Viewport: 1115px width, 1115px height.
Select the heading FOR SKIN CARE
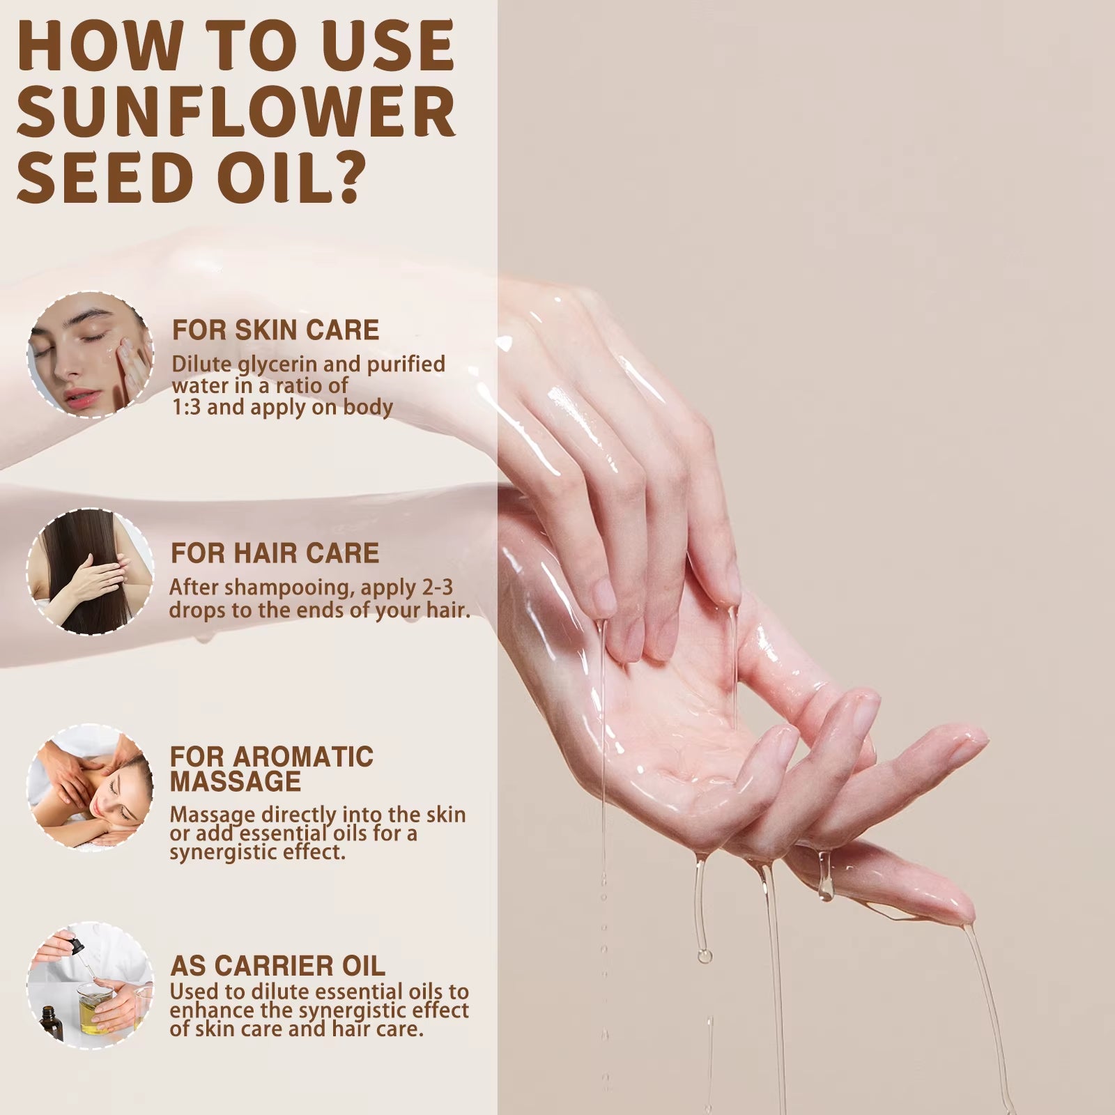pyautogui.click(x=275, y=330)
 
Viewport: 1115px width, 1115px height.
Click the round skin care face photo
pyautogui.click(x=91, y=355)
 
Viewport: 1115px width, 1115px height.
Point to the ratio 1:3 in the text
pyautogui.click(x=186, y=407)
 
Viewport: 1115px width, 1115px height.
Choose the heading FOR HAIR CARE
pyautogui.click(x=275, y=553)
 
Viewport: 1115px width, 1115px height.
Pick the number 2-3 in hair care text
pyautogui.click(x=438, y=587)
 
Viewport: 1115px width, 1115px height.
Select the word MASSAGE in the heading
pyautogui.click(x=236, y=781)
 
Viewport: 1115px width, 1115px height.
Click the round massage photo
pyautogui.click(x=91, y=786)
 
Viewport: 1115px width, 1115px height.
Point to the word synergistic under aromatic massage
pyautogui.click(x=229, y=852)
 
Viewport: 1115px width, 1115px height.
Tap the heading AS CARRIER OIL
pyautogui.click(x=277, y=966)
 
